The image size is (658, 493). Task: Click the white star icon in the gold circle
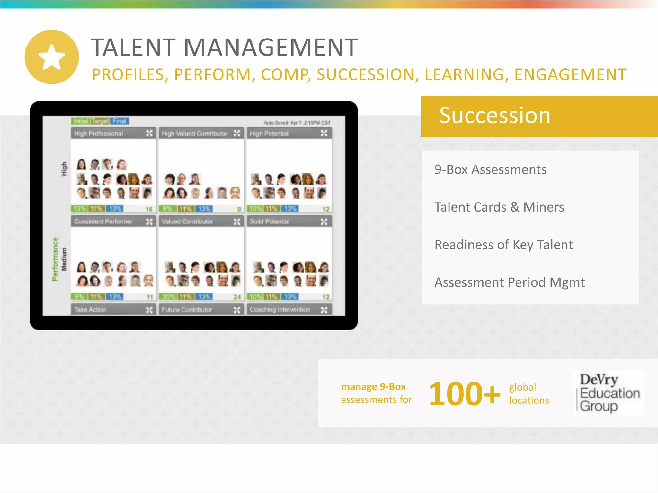[51, 57]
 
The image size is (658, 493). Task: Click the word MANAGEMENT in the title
[271, 48]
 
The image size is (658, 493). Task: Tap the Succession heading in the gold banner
[494, 116]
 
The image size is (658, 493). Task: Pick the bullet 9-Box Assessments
[490, 169]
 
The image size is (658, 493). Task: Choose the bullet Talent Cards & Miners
[499, 207]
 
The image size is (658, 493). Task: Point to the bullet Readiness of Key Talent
[503, 245]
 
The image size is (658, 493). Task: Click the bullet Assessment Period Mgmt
[509, 282]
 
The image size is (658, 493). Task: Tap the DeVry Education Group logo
[609, 393]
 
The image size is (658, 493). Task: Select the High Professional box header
[98, 134]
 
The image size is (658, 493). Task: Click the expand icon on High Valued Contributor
[237, 134]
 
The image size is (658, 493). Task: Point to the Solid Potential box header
[270, 221]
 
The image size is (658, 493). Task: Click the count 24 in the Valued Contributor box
[237, 297]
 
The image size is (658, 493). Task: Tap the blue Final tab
[120, 121]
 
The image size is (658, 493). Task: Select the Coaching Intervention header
[280, 310]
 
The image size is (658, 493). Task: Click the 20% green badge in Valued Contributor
[168, 297]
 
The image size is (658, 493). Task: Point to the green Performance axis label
[55, 259]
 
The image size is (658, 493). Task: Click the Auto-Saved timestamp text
[297, 123]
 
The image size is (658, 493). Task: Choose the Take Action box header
[90, 310]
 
